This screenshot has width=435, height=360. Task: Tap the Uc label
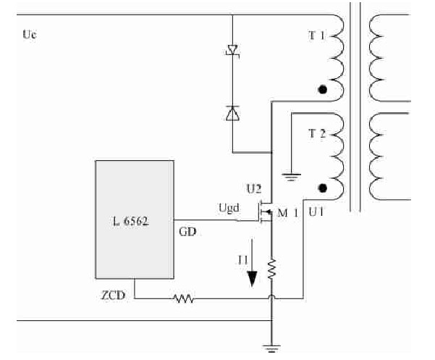30,35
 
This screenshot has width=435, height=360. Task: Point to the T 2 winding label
316,133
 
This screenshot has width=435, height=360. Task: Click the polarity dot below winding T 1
324,91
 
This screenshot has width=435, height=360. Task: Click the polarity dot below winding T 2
324,188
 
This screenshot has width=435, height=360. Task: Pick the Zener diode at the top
232,51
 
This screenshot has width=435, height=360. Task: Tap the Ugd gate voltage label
228,208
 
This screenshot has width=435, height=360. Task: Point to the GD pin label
186,232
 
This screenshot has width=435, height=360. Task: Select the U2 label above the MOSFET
253,189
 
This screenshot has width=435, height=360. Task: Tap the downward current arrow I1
253,268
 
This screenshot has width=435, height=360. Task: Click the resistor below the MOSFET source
271,269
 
